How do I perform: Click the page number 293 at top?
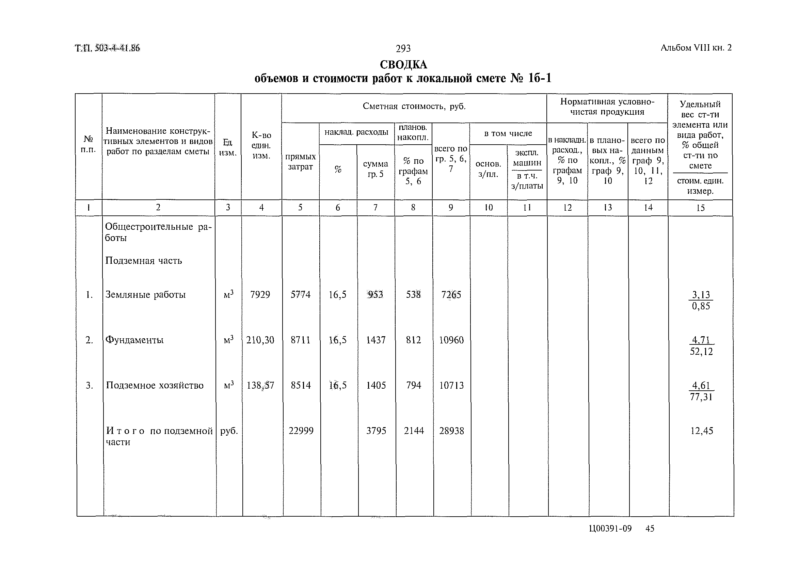403,49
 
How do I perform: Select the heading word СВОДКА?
403,65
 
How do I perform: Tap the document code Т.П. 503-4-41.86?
108,48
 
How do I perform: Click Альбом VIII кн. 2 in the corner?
696,48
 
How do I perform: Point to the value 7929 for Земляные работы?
260,295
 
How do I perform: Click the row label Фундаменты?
134,340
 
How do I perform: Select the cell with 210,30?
260,340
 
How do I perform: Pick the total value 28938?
451,431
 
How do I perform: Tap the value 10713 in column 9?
451,386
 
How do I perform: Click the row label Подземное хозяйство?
155,386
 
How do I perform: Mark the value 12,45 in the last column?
702,431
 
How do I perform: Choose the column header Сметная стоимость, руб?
414,107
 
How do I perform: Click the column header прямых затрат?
300,162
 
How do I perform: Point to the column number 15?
700,208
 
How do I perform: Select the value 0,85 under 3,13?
701,306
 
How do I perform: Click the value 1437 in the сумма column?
376,340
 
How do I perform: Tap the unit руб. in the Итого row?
229,431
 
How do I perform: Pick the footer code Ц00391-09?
610,529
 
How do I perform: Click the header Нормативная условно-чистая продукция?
607,107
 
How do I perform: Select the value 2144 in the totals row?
414,431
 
